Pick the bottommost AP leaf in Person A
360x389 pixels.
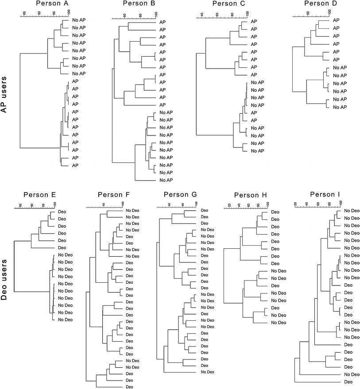click(75, 165)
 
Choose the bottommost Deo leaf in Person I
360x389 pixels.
click(348, 381)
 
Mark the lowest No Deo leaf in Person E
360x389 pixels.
click(64, 319)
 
